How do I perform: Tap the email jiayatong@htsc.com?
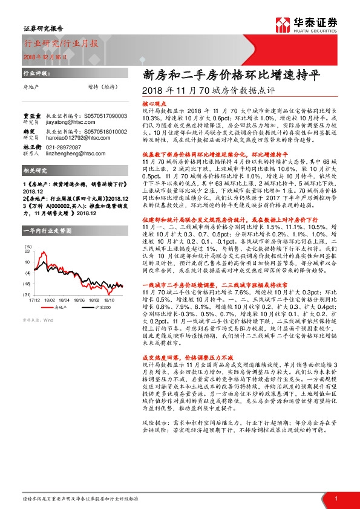point(67,120)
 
